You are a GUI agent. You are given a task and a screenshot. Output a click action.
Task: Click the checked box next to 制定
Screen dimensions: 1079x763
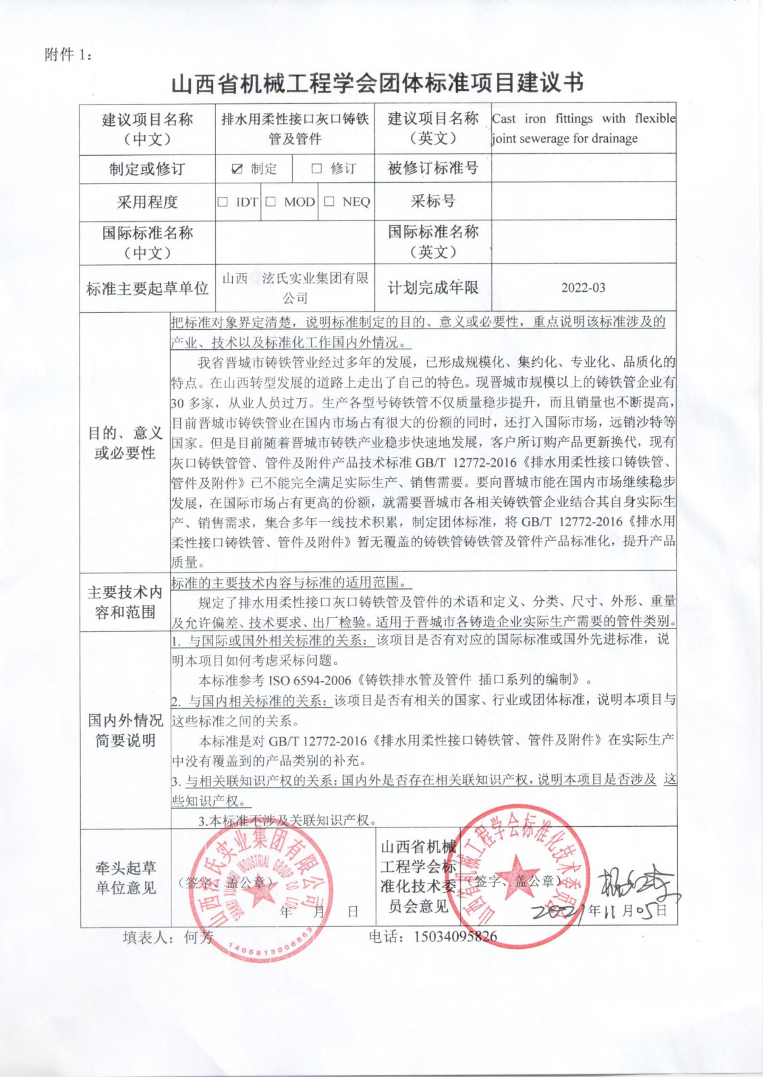[x=237, y=169]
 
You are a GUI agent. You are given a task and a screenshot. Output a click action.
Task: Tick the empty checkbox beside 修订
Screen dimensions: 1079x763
[x=316, y=169]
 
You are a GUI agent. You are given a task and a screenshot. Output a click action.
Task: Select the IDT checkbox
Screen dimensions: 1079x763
[x=223, y=202]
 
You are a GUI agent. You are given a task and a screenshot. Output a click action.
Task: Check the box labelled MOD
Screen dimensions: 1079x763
[x=271, y=202]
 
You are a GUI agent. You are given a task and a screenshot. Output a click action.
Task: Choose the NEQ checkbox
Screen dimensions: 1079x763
[x=329, y=202]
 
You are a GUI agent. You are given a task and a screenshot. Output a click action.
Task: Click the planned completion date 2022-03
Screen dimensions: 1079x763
[x=583, y=288]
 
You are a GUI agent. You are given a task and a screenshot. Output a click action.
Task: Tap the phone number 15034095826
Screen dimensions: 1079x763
[x=455, y=936]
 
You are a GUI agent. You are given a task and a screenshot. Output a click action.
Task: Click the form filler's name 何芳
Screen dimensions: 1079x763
[x=198, y=937]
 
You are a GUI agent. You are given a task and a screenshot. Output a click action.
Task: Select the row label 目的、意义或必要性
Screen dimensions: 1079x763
[x=125, y=442]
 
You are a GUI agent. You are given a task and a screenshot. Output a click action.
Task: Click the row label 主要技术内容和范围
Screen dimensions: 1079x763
[x=125, y=602]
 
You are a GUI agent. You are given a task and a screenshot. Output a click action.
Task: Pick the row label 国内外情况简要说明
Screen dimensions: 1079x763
[x=125, y=730]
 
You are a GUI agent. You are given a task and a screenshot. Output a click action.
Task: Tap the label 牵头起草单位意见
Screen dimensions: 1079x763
[x=125, y=877]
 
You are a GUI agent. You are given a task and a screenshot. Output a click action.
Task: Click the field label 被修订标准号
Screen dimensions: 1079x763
[x=432, y=169]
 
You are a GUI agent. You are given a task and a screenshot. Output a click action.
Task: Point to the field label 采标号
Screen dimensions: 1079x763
[x=432, y=201]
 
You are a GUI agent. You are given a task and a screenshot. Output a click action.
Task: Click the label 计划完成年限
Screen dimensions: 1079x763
[x=432, y=288]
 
